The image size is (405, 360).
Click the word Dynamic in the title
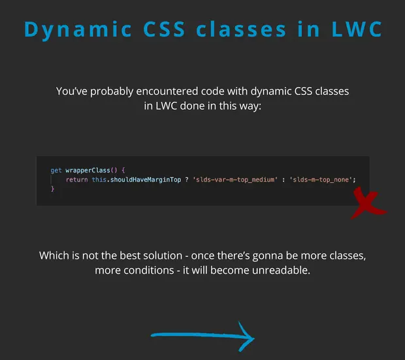point(78,30)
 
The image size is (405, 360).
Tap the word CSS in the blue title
point(164,29)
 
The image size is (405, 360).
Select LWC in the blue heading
point(357,29)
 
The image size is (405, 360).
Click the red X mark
point(368,203)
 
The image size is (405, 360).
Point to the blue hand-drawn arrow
point(202,335)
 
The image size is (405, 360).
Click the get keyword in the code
point(56,171)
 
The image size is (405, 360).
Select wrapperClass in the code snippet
point(88,171)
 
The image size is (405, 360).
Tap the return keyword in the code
point(76,180)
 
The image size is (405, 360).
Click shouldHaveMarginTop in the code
point(146,180)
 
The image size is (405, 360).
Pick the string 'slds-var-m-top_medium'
point(235,180)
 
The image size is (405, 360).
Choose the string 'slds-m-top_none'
point(321,180)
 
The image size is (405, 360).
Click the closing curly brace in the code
point(52,189)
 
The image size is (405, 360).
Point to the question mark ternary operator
point(187,180)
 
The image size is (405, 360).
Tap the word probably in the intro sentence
point(112,91)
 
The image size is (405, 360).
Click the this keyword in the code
point(99,180)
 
